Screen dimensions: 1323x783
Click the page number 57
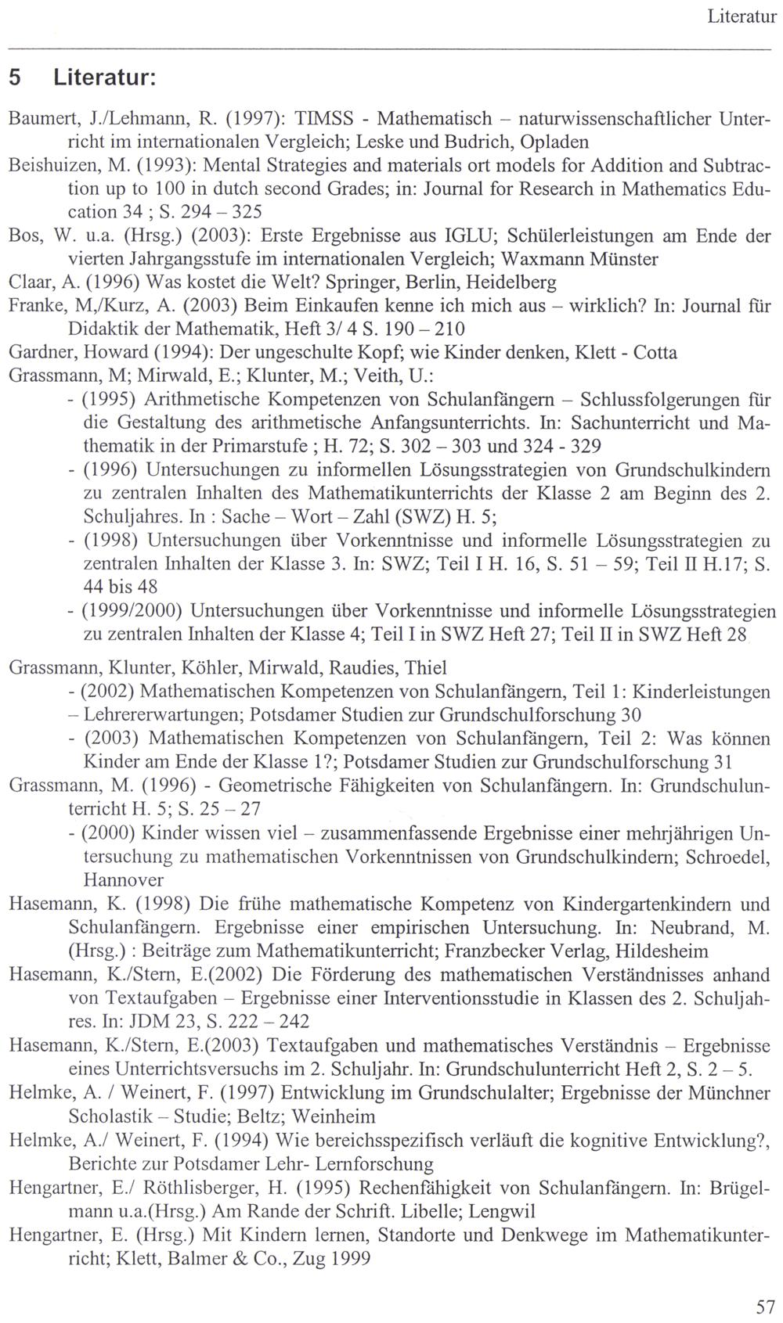click(765, 1306)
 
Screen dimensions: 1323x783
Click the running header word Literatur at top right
click(740, 16)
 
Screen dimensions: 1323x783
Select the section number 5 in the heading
click(15, 78)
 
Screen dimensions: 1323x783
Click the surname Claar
click(27, 282)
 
